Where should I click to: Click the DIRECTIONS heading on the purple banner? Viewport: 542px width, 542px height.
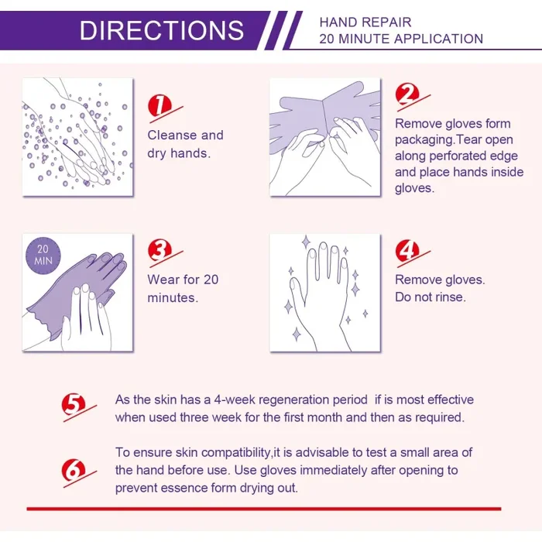pyautogui.click(x=161, y=30)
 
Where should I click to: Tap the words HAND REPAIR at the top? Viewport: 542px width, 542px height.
pyautogui.click(x=365, y=22)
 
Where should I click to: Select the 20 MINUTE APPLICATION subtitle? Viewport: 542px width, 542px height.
pyautogui.click(x=400, y=39)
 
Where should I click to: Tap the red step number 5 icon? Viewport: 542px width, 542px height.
pyautogui.click(x=74, y=404)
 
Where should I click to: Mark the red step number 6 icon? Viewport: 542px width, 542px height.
pyautogui.click(x=74, y=470)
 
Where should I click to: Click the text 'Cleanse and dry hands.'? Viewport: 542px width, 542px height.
pyautogui.click(x=185, y=144)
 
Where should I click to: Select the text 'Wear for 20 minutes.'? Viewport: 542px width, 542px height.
pyautogui.click(x=183, y=288)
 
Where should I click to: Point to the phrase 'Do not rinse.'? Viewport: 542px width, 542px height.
pyautogui.click(x=431, y=297)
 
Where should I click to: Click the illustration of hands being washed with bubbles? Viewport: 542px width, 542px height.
pyautogui.click(x=77, y=136)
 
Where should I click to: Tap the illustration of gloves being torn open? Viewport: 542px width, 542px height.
pyautogui.click(x=324, y=136)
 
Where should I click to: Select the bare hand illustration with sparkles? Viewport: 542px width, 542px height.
pyautogui.click(x=324, y=292)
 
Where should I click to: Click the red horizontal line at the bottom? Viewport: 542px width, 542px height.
pyautogui.click(x=263, y=509)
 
